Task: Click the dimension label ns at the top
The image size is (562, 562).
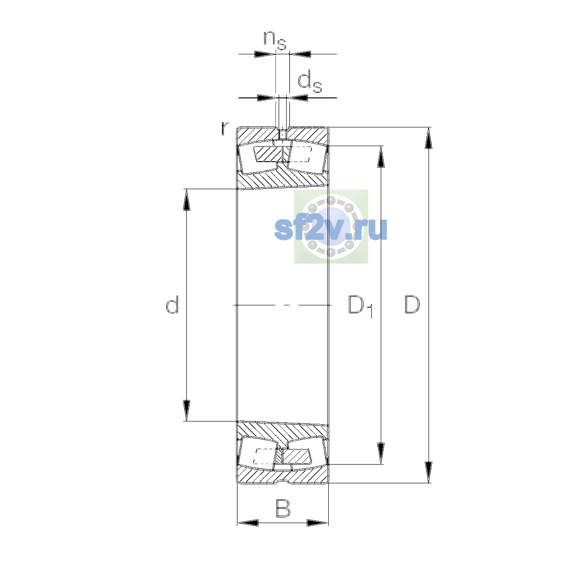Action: click(x=275, y=40)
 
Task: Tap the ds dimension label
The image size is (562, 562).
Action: click(x=310, y=82)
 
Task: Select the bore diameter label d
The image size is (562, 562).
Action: click(x=172, y=305)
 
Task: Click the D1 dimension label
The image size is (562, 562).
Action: click(x=361, y=306)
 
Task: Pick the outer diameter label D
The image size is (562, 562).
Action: click(x=412, y=305)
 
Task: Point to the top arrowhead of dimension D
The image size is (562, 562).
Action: click(x=428, y=138)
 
